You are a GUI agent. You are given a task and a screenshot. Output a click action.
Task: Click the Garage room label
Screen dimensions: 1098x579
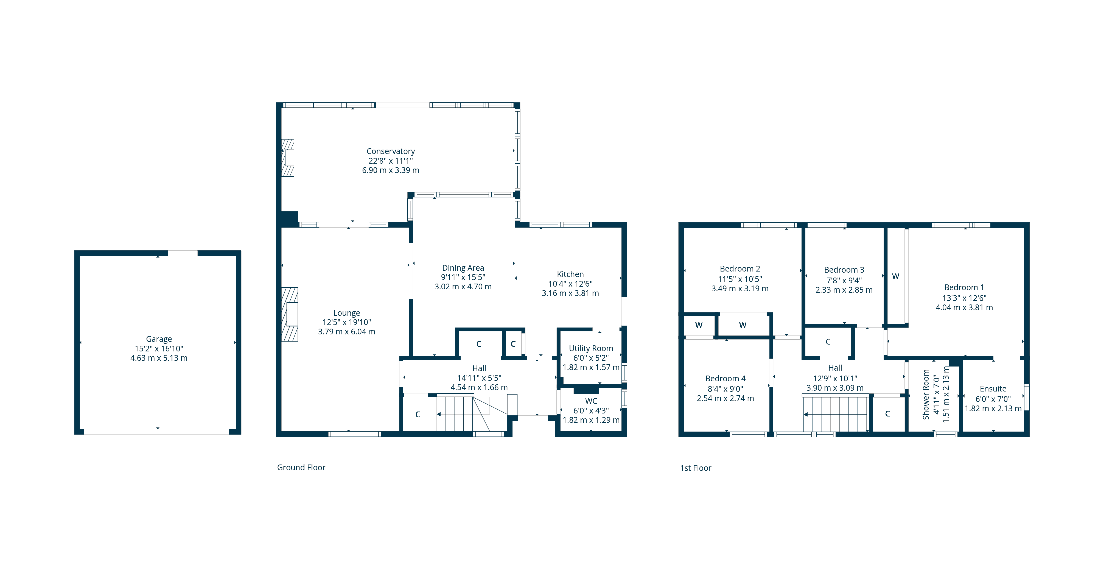pos(159,339)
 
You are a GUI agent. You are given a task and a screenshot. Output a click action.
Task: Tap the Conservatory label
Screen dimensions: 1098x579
pos(390,151)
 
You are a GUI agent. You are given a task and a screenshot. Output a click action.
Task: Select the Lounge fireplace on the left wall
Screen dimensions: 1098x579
pos(289,314)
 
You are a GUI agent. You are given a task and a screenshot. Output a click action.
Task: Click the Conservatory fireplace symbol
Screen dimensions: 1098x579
pos(288,158)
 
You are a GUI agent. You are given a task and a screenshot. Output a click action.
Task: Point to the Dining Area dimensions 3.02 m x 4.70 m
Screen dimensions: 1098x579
pos(463,287)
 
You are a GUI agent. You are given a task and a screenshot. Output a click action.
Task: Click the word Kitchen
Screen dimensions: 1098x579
pos(570,274)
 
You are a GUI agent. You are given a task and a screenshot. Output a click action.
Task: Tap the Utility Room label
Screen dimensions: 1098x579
pos(591,348)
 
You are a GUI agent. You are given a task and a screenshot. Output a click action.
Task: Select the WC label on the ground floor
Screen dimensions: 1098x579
pos(591,401)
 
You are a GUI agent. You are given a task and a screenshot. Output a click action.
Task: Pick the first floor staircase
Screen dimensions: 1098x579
pos(835,413)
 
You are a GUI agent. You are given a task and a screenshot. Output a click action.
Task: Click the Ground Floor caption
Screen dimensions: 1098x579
pos(301,467)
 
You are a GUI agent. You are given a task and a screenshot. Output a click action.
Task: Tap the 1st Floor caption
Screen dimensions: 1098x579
pos(696,468)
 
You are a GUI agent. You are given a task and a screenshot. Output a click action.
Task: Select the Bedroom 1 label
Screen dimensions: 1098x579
pos(964,287)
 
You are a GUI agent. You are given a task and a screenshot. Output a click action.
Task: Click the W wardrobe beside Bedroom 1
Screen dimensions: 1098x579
pos(895,276)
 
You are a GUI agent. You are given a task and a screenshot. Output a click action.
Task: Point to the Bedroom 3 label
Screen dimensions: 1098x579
pos(844,270)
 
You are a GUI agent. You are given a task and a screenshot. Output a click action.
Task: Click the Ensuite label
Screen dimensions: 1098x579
pos(993,389)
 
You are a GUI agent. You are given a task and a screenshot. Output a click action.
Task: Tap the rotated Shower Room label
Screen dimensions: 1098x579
pos(926,395)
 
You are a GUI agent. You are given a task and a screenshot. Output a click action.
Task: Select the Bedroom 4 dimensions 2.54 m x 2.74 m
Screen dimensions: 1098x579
pos(726,399)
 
